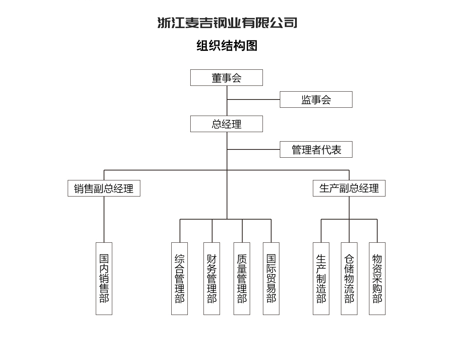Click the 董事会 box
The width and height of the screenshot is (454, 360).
click(x=227, y=78)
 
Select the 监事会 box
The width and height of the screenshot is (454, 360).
click(x=316, y=99)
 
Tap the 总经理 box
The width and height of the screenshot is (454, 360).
click(x=227, y=124)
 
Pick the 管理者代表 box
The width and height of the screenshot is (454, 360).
click(x=316, y=149)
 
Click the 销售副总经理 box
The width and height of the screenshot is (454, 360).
click(x=104, y=188)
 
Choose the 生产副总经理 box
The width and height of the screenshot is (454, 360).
click(x=349, y=188)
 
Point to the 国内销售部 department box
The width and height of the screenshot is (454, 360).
click(x=104, y=279)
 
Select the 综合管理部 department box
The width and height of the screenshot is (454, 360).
click(x=180, y=279)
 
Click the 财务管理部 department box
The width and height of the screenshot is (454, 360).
click(x=212, y=279)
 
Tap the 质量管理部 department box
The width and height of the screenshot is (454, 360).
click(x=242, y=279)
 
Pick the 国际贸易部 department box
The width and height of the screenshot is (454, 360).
click(x=271, y=279)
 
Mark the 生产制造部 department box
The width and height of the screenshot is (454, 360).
click(x=321, y=279)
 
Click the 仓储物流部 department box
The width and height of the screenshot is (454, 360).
click(x=349, y=279)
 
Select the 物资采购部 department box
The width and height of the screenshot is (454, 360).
click(x=377, y=279)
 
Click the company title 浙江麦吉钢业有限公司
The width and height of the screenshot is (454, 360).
click(x=227, y=23)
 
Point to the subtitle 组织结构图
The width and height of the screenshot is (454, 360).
click(x=227, y=46)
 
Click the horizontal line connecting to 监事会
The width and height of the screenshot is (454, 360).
click(x=253, y=99)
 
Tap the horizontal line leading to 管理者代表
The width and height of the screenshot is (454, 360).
click(x=253, y=149)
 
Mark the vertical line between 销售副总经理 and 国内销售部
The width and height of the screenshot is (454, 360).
click(x=104, y=219)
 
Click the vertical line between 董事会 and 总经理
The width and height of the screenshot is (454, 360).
click(x=227, y=101)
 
